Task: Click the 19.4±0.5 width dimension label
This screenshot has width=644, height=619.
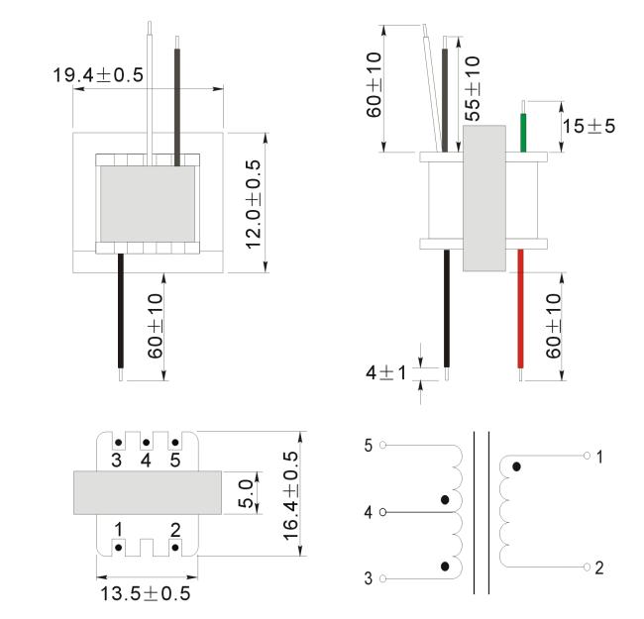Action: click(98, 75)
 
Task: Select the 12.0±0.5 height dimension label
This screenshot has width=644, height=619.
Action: click(254, 204)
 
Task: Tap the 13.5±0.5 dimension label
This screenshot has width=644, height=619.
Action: click(146, 593)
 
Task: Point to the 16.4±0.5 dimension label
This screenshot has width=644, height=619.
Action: click(290, 495)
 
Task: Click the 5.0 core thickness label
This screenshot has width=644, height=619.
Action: click(246, 494)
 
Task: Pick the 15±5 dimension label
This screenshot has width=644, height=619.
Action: click(589, 126)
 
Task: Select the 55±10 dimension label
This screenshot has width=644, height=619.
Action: click(473, 88)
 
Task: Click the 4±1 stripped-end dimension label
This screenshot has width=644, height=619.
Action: click(385, 373)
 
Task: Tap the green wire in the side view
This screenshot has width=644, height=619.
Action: click(523, 133)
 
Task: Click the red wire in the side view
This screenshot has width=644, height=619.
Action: click(520, 308)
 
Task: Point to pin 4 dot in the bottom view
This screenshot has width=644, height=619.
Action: click(146, 443)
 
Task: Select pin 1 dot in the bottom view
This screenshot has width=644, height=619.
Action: click(118, 548)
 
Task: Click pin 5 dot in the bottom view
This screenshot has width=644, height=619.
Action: click(175, 443)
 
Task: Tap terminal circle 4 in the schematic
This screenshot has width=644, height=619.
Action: click(382, 512)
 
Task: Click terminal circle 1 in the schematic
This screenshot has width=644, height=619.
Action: click(587, 456)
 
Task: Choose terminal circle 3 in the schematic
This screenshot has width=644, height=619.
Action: click(382, 578)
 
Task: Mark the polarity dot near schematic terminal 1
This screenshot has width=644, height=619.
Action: click(516, 466)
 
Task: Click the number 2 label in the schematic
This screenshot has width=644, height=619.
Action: click(599, 567)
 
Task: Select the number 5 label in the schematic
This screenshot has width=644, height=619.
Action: click(369, 446)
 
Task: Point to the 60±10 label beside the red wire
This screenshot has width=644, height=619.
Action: click(553, 326)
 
